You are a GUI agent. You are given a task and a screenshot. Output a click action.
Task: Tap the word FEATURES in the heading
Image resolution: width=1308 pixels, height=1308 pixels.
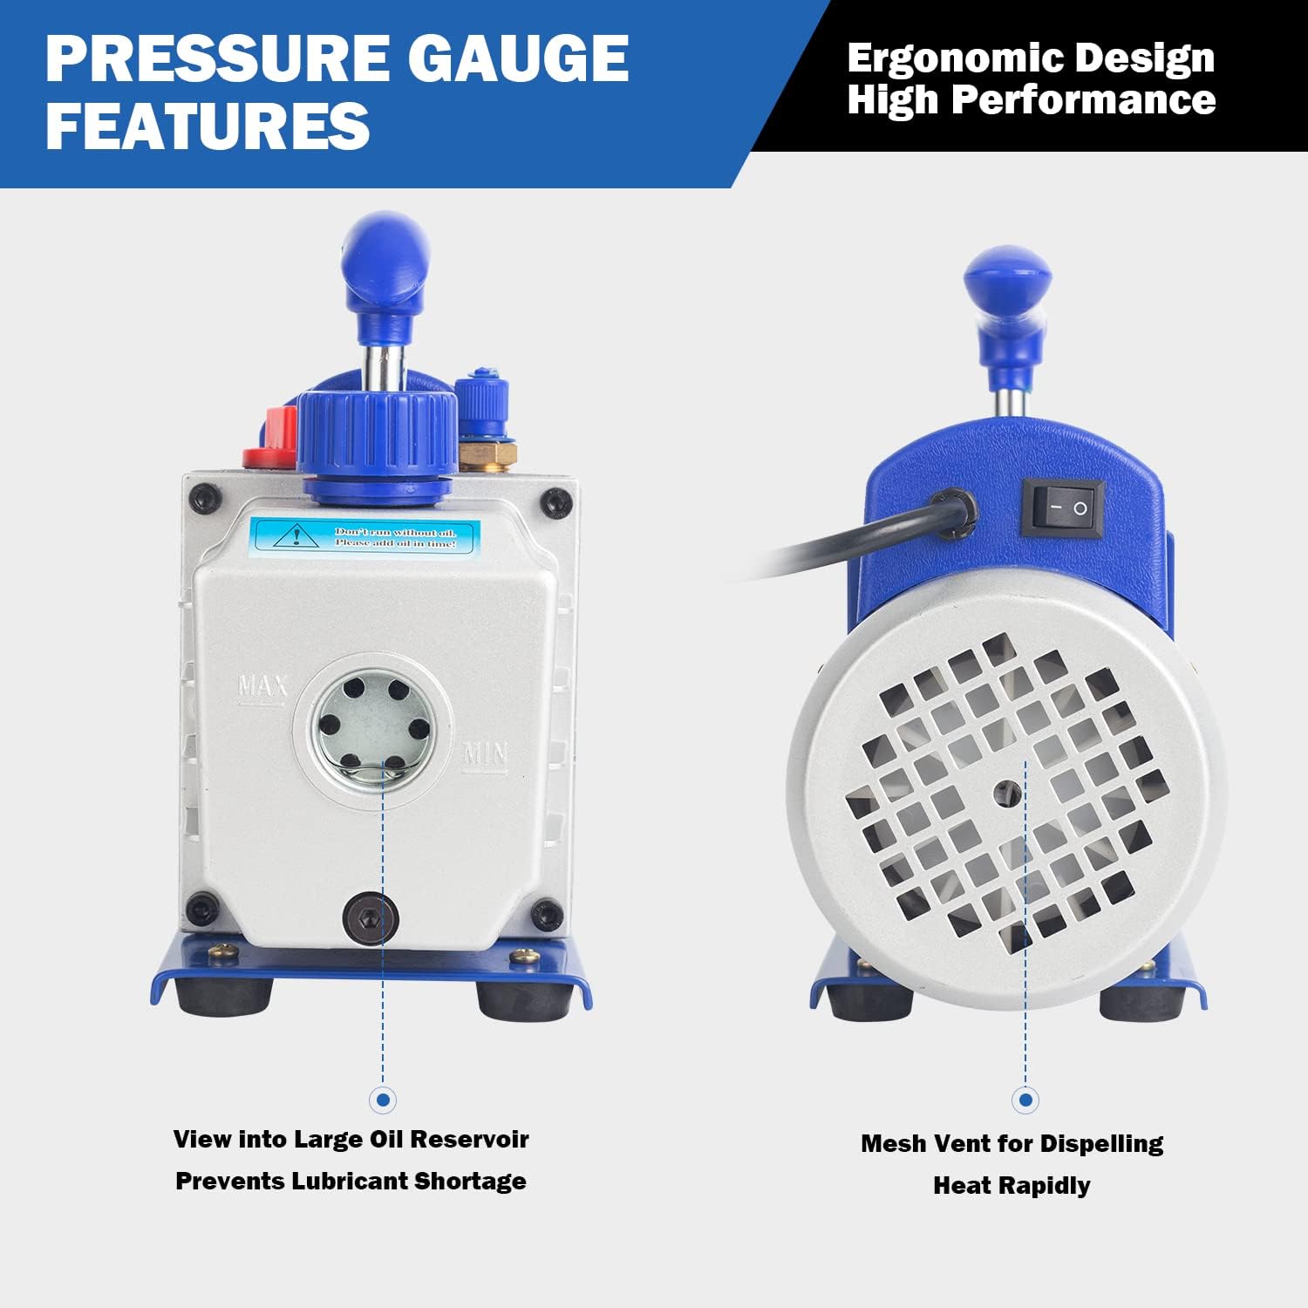pos(208,125)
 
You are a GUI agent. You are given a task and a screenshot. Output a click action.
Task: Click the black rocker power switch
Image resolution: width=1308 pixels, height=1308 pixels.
pos(1063,507)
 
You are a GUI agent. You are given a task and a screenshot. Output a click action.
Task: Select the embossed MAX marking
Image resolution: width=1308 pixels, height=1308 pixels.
pos(262,688)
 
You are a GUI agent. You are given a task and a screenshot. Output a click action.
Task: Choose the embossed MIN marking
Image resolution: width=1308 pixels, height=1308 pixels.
pos(484,753)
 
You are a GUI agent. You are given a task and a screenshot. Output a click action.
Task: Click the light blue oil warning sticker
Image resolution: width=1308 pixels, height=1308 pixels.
pos(365,536)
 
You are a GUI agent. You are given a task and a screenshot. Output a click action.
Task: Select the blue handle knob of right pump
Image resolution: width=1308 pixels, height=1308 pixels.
pos(1007,275)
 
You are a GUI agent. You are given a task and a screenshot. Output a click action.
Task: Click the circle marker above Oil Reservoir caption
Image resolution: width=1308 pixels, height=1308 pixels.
pos(382,1100)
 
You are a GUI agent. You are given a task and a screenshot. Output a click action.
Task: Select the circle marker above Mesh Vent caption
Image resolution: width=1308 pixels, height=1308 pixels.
pos(1025,1100)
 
